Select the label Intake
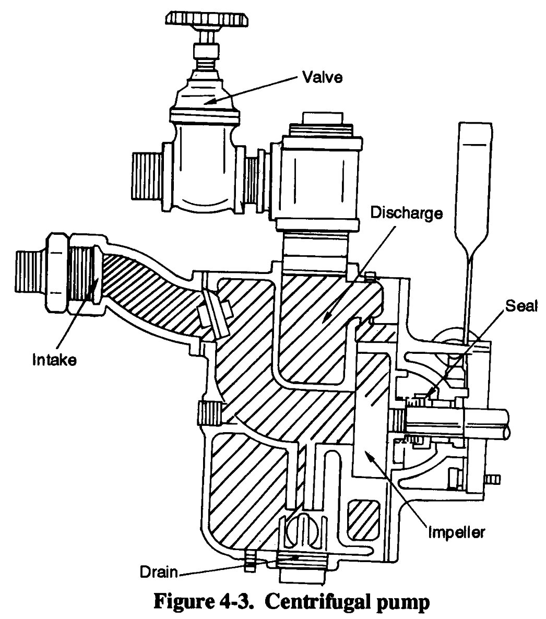[x=51, y=360]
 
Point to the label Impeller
[x=457, y=532]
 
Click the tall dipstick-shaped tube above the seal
[x=475, y=183]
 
